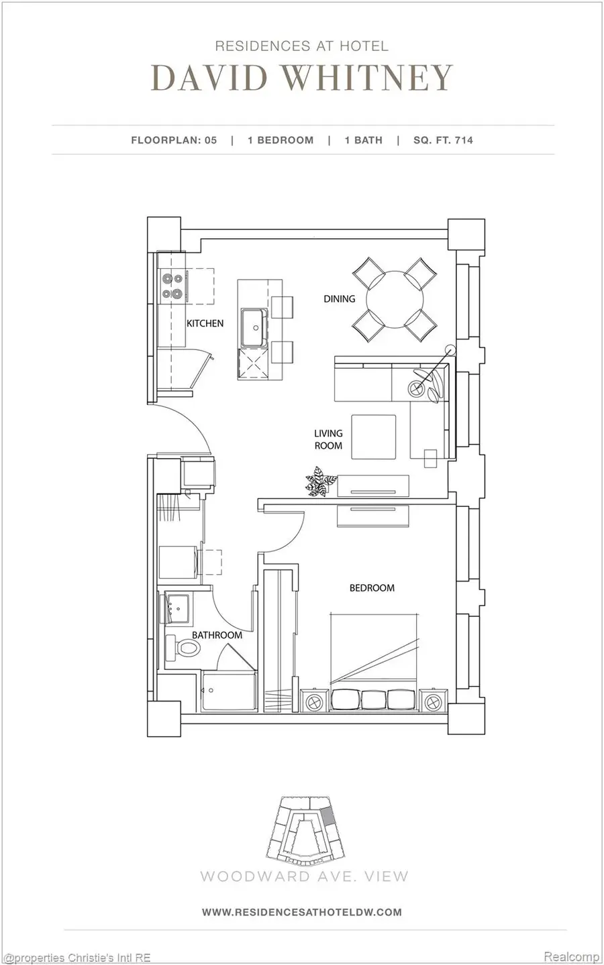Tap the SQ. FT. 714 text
(443, 140)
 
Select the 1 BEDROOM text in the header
(281, 140)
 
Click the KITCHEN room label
(205, 323)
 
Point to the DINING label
(339, 298)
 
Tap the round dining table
(395, 298)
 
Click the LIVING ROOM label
(328, 440)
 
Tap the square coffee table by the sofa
(374, 437)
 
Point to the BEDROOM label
(372, 588)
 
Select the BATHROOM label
(217, 634)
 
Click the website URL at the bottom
(302, 912)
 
